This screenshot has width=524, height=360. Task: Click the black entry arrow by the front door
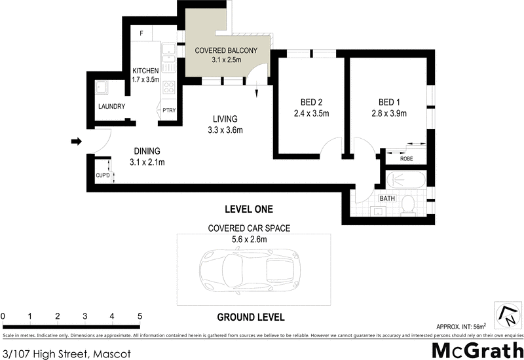pos(75,141)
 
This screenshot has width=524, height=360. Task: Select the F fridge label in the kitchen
pos(141,33)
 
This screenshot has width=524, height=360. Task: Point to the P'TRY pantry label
pos(170,110)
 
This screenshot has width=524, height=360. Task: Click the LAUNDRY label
pos(111,106)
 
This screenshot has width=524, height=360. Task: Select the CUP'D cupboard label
pos(101,175)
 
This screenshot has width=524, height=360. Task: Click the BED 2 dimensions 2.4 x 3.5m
pos(310,113)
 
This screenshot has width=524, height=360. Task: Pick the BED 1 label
pos(389,101)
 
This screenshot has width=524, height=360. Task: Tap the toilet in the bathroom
pos(407,204)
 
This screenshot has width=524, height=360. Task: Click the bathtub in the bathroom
pos(406,180)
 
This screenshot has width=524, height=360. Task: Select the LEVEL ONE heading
pos(248,209)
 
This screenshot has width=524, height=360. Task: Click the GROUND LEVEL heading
pos(250,317)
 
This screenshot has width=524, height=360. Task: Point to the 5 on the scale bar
pos(139,317)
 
